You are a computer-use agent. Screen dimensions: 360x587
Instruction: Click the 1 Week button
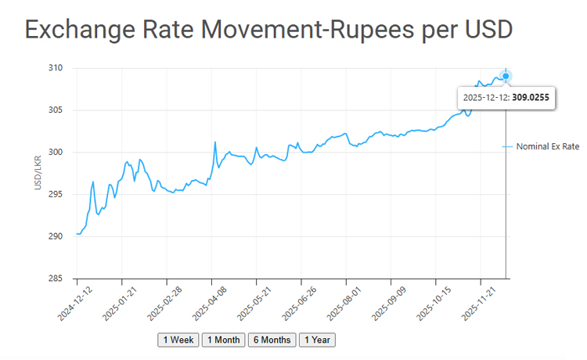point(178,340)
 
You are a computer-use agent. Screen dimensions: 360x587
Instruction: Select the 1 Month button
point(222,340)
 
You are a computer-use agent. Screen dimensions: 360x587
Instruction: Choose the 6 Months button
point(271,340)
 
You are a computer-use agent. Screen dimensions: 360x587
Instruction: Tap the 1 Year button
point(316,340)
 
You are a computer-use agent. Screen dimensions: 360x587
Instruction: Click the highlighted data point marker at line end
point(506,76)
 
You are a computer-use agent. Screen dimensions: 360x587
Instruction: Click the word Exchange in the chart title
point(77,30)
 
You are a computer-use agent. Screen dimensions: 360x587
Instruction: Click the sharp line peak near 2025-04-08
point(215,142)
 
